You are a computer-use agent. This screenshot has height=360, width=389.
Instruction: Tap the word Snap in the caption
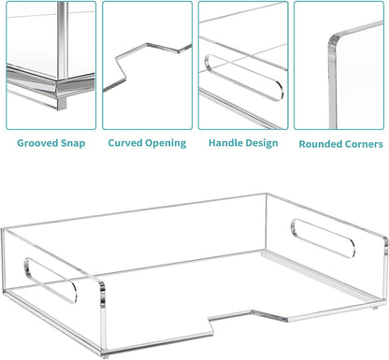pyautogui.click(x=73, y=144)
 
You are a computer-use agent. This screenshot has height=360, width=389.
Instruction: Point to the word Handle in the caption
pyautogui.click(x=225, y=143)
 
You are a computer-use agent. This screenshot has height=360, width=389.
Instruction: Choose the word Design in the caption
pyautogui.click(x=261, y=143)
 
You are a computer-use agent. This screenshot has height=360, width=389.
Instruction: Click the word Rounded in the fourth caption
pyautogui.click(x=318, y=144)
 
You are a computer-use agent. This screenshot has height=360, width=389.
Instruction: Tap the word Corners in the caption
pyautogui.click(x=361, y=144)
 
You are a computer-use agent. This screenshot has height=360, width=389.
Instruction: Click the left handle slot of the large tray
pyautogui.click(x=50, y=281)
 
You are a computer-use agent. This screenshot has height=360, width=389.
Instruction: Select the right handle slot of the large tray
pyautogui.click(x=323, y=238)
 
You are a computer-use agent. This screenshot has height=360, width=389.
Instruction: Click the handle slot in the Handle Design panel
pyautogui.click(x=244, y=78)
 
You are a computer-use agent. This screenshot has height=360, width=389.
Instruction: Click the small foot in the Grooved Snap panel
pyautogui.click(x=62, y=104)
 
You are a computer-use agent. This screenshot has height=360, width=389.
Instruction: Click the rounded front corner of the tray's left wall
pyautogui.click(x=102, y=285)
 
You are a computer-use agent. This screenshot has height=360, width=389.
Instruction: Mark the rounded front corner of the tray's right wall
pyautogui.click(x=385, y=240)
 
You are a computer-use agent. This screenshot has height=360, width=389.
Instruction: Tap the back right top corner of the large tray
pyautogui.click(x=266, y=194)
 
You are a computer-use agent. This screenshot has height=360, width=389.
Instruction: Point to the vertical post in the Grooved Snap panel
pyautogui.click(x=63, y=39)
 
